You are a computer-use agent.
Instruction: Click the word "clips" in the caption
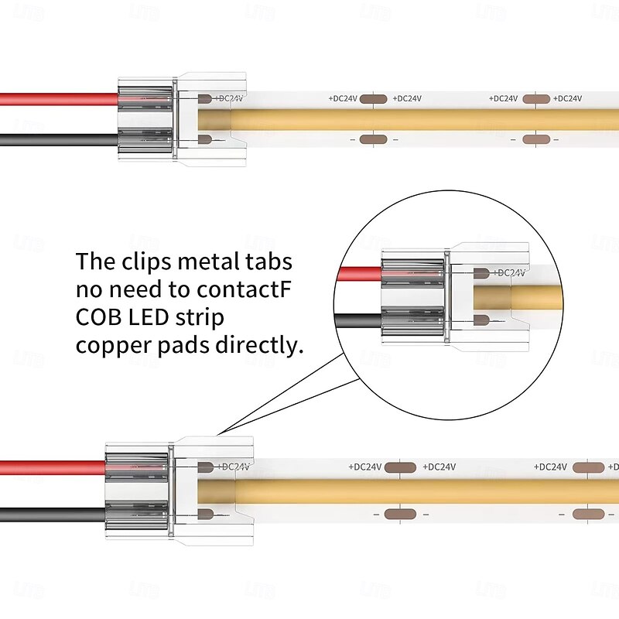(146, 261)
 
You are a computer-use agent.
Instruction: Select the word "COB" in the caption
(99, 318)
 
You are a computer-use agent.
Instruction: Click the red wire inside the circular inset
(360, 272)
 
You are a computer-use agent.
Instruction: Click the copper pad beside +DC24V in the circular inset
(480, 272)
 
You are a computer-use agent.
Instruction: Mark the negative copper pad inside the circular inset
(480, 320)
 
